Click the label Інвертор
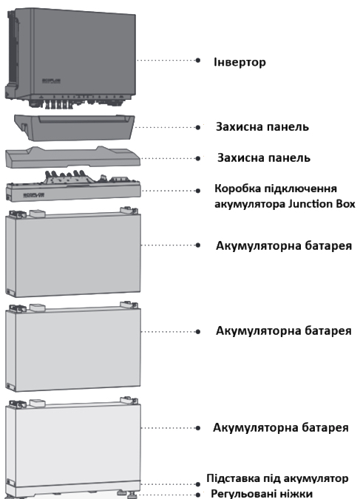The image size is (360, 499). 240,62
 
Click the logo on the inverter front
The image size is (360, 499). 51,81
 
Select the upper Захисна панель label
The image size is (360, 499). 262,126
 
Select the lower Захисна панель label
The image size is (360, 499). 264,158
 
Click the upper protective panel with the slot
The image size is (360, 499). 75,127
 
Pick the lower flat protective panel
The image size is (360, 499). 73,157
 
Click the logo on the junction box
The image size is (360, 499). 33,194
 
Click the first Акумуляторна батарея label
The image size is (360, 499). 284,246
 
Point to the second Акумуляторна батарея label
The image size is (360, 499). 284,331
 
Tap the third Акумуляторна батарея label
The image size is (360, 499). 281,427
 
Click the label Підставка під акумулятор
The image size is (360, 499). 277,478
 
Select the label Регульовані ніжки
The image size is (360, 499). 262,494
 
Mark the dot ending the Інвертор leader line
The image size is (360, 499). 198,60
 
